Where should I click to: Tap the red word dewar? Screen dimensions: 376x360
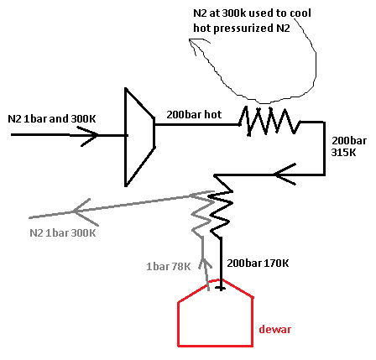[x=275, y=329]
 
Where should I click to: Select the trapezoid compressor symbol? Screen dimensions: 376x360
[x=127, y=137]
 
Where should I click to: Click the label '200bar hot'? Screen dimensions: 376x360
[x=194, y=114]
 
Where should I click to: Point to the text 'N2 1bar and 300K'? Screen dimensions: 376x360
[x=52, y=119]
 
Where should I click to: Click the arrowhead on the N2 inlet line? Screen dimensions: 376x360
[x=88, y=136]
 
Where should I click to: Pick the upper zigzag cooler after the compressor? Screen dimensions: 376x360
[x=269, y=121]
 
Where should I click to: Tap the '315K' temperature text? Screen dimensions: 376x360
[x=343, y=153]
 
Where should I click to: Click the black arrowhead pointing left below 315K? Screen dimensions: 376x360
[x=285, y=175]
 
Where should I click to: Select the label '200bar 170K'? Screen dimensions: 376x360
[x=258, y=263]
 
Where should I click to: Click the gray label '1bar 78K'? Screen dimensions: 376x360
[x=169, y=267]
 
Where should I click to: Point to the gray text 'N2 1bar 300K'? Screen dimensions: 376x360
[x=63, y=233]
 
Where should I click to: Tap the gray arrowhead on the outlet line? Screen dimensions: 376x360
[x=85, y=211]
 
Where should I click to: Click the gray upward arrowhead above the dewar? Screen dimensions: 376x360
[x=205, y=264]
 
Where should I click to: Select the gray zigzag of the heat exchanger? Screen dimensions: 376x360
[x=201, y=214]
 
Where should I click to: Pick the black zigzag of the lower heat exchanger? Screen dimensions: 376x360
[x=222, y=208]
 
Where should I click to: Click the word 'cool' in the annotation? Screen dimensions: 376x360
[x=300, y=13]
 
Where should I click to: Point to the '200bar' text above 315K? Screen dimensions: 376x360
[x=349, y=141]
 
